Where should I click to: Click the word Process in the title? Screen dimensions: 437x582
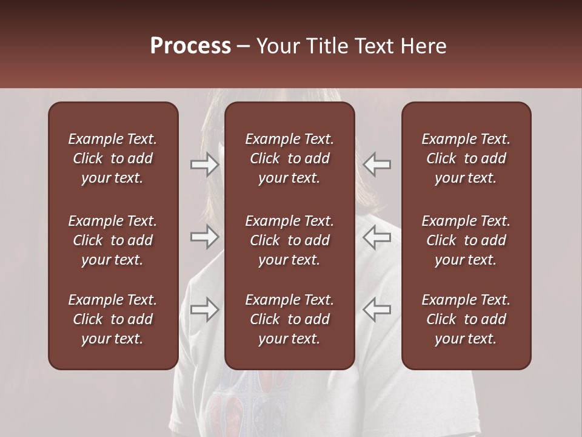pyautogui.click(x=190, y=46)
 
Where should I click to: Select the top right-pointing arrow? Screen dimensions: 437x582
pyautogui.click(x=204, y=164)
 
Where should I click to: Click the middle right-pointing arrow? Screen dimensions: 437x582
pyautogui.click(x=204, y=237)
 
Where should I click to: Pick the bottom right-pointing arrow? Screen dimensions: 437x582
pyautogui.click(x=204, y=310)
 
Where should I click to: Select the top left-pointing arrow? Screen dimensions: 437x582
pyautogui.click(x=377, y=164)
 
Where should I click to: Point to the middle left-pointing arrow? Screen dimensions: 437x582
pyautogui.click(x=377, y=237)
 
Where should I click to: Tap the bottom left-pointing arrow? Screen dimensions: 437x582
pyautogui.click(x=377, y=310)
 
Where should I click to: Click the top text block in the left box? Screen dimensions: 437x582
pyautogui.click(x=113, y=158)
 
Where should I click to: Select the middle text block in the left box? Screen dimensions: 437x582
pyautogui.click(x=113, y=240)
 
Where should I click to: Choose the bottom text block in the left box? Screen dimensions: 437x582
pyautogui.click(x=113, y=319)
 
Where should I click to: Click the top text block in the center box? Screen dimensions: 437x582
pyautogui.click(x=290, y=158)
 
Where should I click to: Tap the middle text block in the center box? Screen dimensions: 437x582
pyautogui.click(x=290, y=240)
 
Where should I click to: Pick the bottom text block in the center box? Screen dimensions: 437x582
pyautogui.click(x=290, y=319)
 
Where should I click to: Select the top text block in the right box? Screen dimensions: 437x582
pyautogui.click(x=466, y=158)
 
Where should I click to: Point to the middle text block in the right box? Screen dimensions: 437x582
pyautogui.click(x=466, y=240)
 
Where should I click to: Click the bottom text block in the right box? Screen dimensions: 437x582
pyautogui.click(x=466, y=319)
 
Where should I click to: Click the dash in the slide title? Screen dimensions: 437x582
pyautogui.click(x=244, y=47)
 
